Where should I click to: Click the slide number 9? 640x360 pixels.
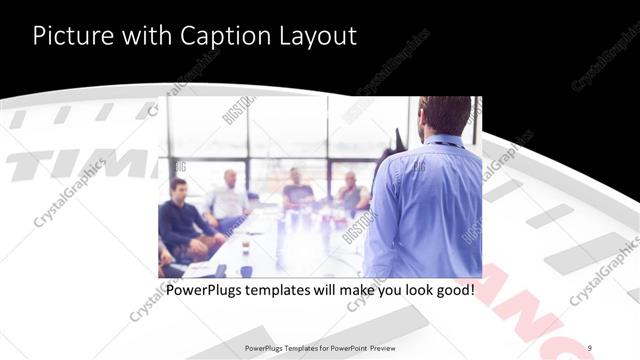pyautogui.click(x=590, y=347)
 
